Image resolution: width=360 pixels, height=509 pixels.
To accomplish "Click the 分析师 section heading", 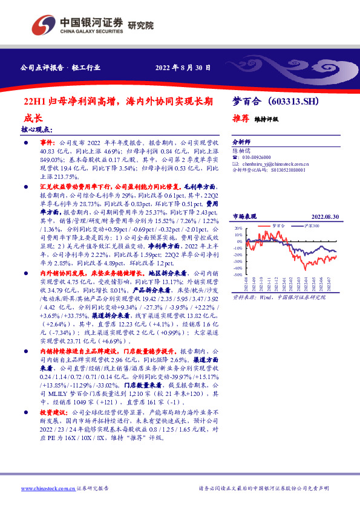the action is (241, 138).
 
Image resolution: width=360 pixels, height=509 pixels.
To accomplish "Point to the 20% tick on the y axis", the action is (238, 229).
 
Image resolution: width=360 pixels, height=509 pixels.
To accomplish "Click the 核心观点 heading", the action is (36, 129).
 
